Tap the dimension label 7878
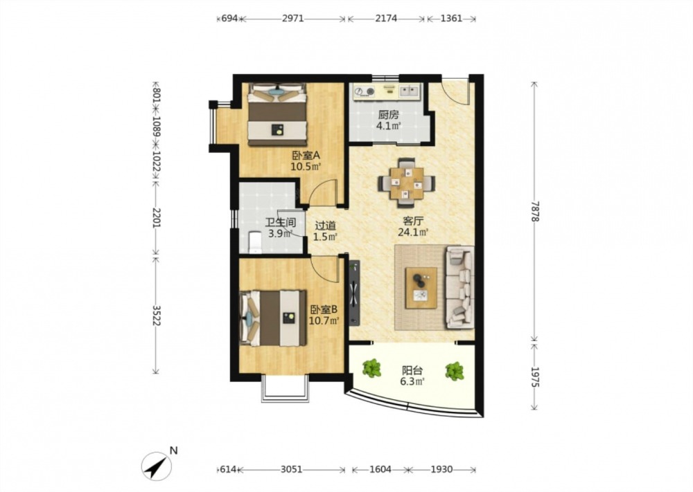(x=535, y=211)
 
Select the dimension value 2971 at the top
(x=292, y=19)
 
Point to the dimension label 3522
(x=155, y=315)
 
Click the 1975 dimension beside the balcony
(x=535, y=377)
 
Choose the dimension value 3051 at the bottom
(x=292, y=469)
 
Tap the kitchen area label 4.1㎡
(x=389, y=126)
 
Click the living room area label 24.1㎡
(x=413, y=232)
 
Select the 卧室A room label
(x=306, y=155)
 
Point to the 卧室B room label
(x=324, y=309)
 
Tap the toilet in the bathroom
(x=255, y=242)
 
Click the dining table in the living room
(x=407, y=183)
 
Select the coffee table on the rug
(x=421, y=288)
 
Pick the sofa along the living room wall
(x=459, y=288)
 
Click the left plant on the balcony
(x=372, y=368)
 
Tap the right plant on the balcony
(x=455, y=371)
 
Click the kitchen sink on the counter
(x=410, y=91)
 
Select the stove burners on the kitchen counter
(x=365, y=91)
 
